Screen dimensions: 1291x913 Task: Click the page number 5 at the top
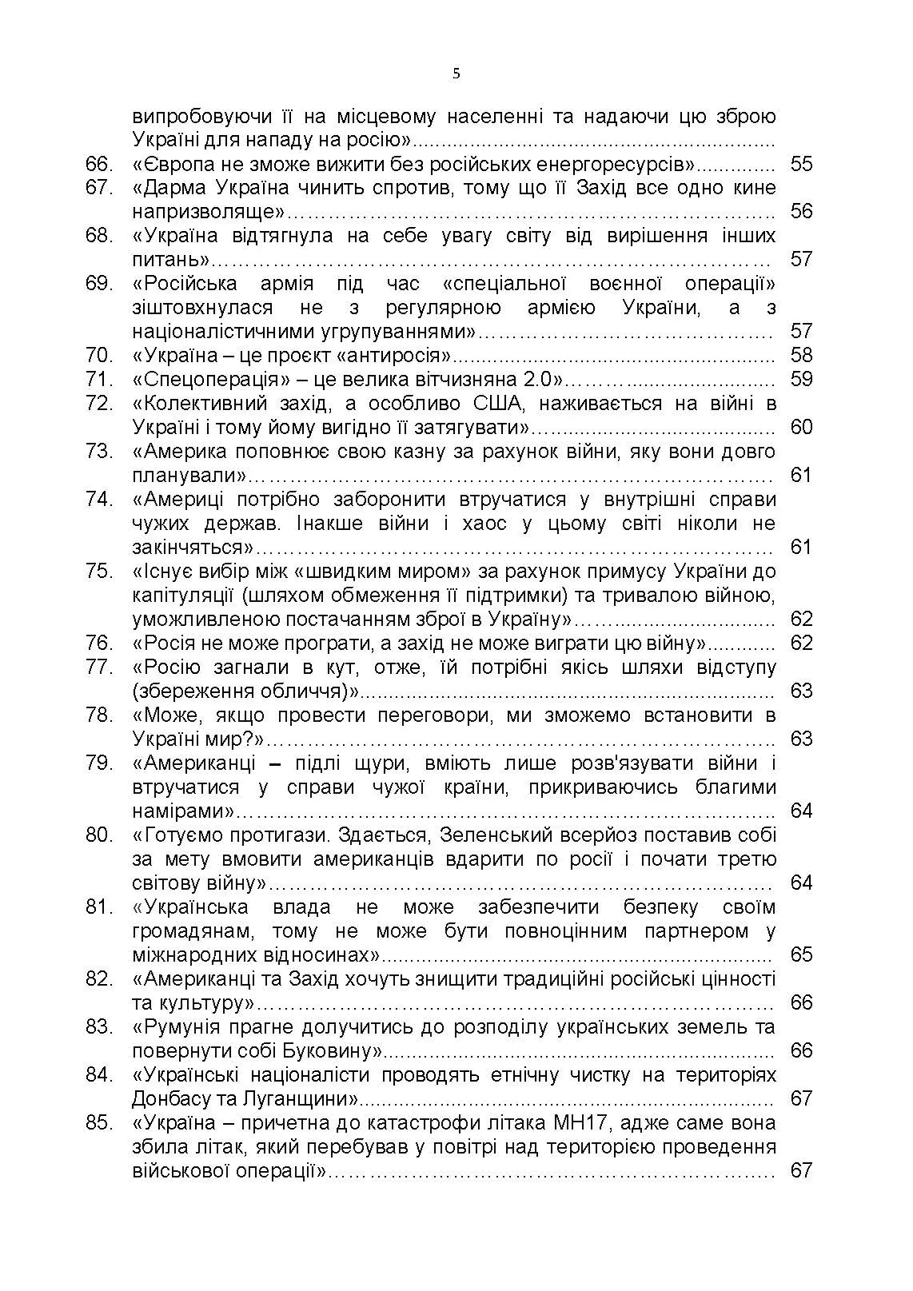click(456, 74)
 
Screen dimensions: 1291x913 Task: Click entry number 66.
click(98, 164)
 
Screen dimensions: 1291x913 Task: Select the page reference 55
click(800, 164)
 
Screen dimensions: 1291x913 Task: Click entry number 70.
click(98, 355)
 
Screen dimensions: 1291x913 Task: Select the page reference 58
click(800, 355)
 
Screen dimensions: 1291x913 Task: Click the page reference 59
click(800, 379)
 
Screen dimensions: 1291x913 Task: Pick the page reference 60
click(800, 427)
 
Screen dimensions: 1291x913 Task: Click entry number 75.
click(98, 572)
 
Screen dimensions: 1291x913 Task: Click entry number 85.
click(98, 1123)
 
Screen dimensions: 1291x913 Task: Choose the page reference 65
click(800, 954)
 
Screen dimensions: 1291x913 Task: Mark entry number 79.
click(98, 763)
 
